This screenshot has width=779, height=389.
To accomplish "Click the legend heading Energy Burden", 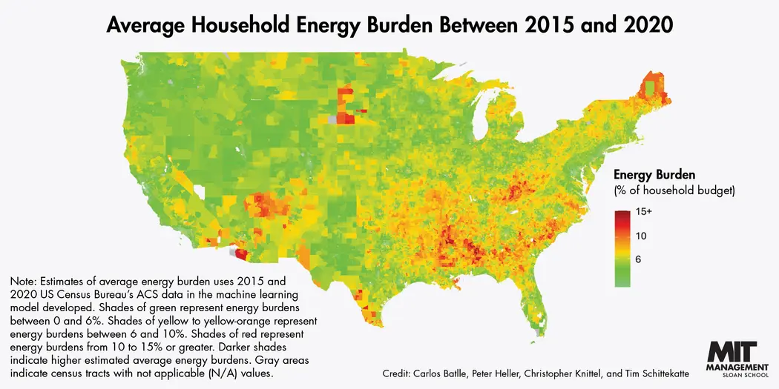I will point(654,176).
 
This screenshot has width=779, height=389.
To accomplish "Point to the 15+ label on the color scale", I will point(644,212).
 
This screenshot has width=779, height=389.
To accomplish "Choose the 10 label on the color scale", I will point(642,236).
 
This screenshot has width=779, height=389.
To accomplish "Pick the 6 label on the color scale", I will point(639,260).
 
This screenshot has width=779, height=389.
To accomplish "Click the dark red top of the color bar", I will point(622,215).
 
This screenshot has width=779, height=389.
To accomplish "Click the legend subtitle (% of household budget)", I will point(674,192).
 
